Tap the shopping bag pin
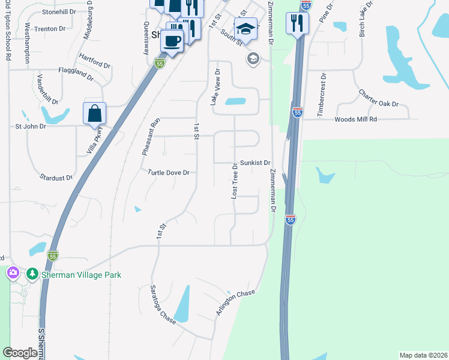pos(95,113)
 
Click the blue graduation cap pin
pos(246,29)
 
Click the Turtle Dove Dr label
pos(169,172)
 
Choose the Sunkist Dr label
pos(256,163)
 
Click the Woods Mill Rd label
pos(355,119)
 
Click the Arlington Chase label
pos(235,302)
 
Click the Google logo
pos(20,353)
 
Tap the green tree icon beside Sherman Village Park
pos(31,274)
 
